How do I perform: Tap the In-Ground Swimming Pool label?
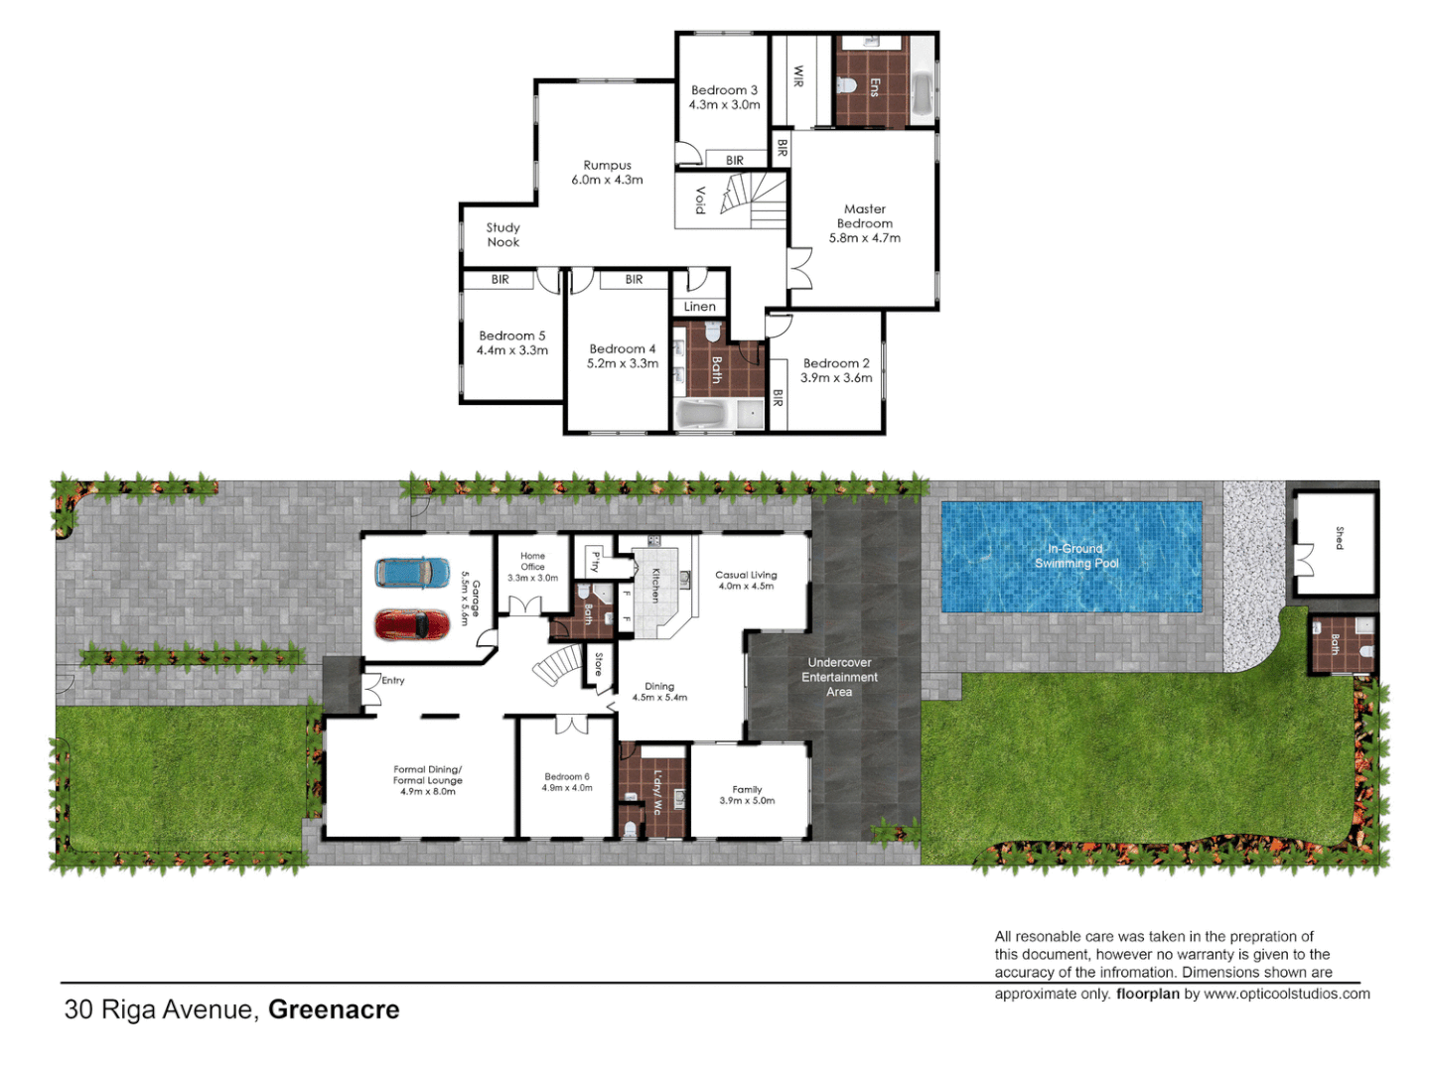tap(1076, 556)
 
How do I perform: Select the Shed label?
tap(1339, 538)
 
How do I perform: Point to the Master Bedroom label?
tap(865, 216)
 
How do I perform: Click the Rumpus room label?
tap(607, 166)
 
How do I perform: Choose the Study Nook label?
tap(502, 235)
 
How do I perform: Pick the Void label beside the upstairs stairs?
tap(700, 200)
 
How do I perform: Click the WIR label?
tap(798, 76)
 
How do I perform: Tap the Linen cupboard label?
tap(699, 307)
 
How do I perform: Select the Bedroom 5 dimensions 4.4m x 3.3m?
tap(512, 350)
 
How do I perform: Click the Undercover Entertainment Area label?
tap(839, 677)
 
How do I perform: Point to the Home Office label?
tap(532, 562)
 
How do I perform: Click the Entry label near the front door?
tap(393, 681)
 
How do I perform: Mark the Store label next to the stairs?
tap(598, 664)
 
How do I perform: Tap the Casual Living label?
tap(746, 575)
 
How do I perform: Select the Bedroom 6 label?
tap(567, 777)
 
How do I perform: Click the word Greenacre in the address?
tap(334, 1009)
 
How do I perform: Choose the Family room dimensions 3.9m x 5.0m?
tap(747, 801)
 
